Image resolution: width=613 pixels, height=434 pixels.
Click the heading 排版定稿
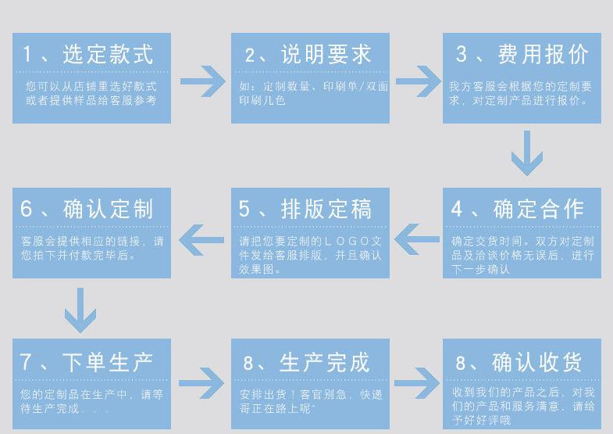coord(326,209)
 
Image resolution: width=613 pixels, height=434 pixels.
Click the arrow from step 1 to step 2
coord(201,81)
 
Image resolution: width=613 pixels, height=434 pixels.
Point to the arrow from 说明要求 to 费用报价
coord(417,81)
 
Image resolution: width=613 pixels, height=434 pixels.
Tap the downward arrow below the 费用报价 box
coord(526,153)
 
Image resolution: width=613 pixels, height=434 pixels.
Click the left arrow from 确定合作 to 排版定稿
coord(417,235)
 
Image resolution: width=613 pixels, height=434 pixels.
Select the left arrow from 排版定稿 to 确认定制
coord(201,235)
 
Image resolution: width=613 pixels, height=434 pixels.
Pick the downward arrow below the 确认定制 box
coord(80,309)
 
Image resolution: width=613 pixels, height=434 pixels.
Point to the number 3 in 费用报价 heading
coord(462,54)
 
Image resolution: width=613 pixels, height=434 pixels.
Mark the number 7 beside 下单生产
coord(27,361)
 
